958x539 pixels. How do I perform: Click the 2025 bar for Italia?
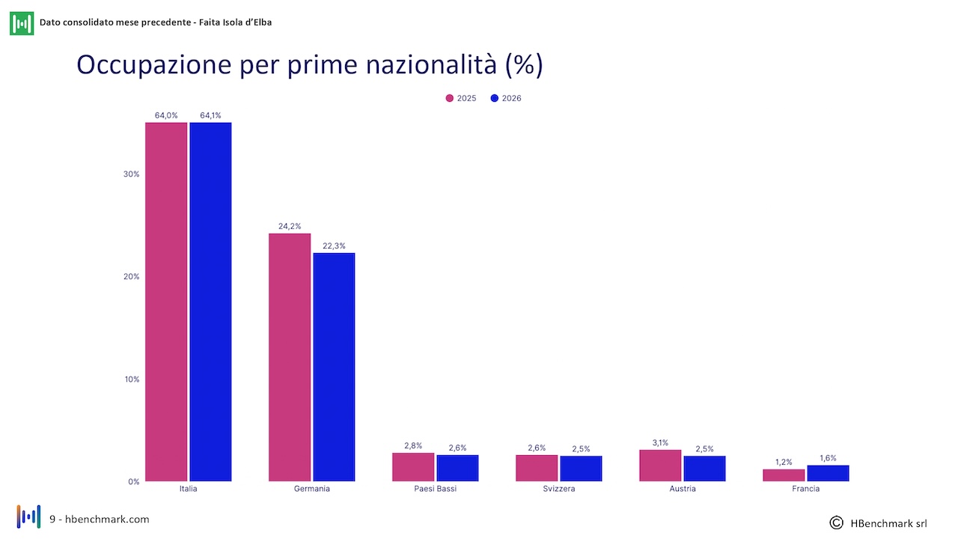[166, 302]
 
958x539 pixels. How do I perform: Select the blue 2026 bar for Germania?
[334, 367]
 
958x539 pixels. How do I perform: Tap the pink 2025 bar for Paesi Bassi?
[413, 466]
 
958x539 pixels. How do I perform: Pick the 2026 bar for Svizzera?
[581, 469]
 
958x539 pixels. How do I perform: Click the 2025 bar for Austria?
[660, 466]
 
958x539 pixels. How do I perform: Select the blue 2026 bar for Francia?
[828, 473]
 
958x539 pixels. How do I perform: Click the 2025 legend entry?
[460, 98]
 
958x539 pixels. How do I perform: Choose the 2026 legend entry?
[506, 98]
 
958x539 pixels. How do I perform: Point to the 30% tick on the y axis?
[131, 174]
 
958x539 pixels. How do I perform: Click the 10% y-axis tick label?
[132, 380]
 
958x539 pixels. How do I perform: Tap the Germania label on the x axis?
[312, 489]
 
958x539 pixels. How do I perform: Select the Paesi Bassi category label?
[436, 489]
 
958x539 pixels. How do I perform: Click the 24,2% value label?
[290, 226]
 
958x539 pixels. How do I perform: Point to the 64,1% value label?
[210, 115]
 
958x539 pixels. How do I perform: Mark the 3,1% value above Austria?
[660, 442]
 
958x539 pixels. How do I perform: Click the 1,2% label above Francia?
[784, 462]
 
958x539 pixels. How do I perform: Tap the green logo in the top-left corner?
[22, 23]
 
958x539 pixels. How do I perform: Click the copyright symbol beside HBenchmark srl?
[836, 523]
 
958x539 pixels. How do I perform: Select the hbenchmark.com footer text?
[107, 520]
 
